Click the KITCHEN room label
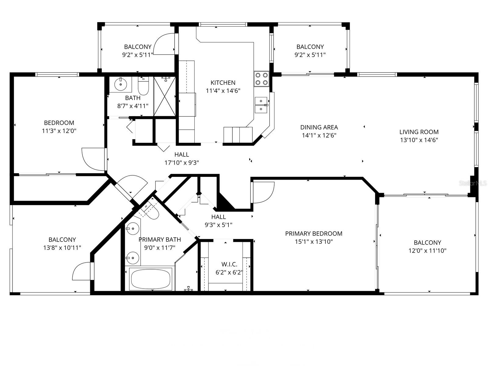tap(223, 83)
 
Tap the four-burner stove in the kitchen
tap(261, 78)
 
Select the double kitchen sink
tap(261, 105)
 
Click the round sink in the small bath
tap(121, 84)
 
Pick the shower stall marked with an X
tap(165, 96)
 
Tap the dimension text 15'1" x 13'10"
tap(314, 242)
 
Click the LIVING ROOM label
tap(419, 132)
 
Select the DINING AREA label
tap(319, 127)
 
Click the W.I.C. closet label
tap(229, 264)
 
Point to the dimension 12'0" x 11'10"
tap(427, 251)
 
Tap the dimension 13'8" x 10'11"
tap(62, 248)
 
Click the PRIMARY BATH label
tap(160, 240)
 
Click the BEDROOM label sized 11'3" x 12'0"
tap(59, 123)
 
